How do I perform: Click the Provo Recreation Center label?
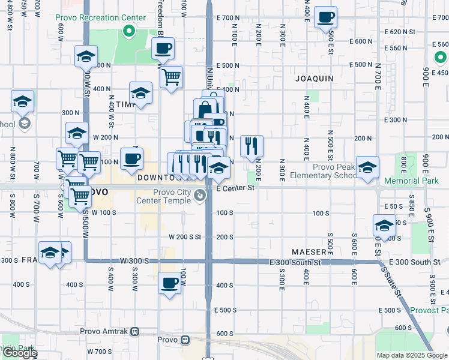101,17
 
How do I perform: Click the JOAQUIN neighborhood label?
314,79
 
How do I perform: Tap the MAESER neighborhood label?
309,251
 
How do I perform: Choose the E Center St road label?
235,188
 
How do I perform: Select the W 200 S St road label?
184,237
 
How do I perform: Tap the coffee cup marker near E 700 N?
326,17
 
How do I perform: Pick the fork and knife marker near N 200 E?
252,145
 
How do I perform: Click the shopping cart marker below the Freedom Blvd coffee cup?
172,77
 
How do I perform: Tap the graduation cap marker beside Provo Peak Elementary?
367,167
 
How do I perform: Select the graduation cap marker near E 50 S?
384,226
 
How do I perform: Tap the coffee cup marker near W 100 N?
131,159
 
